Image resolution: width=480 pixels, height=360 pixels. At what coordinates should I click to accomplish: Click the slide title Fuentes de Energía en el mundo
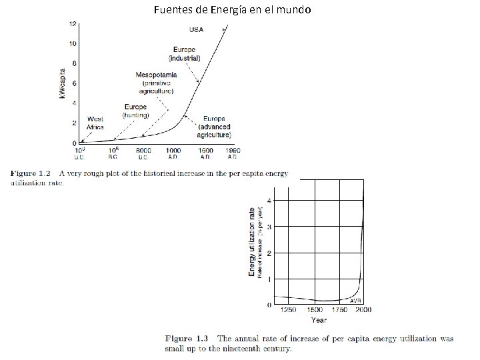pos(232,10)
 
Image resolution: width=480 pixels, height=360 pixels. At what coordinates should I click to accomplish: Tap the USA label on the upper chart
pos(197,29)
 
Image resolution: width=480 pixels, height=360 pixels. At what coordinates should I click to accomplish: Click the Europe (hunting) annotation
pos(135,111)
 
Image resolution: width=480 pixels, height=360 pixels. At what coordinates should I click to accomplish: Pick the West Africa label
pos(95,123)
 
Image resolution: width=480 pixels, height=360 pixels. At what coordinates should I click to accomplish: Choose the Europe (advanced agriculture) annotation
pos(214,127)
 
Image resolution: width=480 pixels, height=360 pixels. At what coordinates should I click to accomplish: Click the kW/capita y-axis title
pos(63,84)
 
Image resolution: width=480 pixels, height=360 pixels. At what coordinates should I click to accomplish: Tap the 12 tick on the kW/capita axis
pos(72,23)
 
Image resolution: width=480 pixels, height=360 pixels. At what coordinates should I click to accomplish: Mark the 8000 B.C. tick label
pos(143,154)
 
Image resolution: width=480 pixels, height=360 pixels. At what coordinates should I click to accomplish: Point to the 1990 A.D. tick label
pos(232,154)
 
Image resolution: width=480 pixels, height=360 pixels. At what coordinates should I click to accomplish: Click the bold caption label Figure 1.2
pos(31,173)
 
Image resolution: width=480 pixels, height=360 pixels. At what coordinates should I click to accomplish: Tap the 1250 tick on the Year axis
pos(288,311)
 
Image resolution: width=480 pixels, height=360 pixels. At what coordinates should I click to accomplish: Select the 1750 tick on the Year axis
pos(339,311)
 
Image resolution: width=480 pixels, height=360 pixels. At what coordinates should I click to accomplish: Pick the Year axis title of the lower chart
pos(319,320)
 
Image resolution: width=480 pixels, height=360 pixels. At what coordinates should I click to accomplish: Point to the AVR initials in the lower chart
pos(356,301)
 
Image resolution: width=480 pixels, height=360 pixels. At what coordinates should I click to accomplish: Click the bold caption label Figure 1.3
pos(189,339)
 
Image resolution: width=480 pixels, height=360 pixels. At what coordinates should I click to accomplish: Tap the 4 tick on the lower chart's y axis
pos(269,201)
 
